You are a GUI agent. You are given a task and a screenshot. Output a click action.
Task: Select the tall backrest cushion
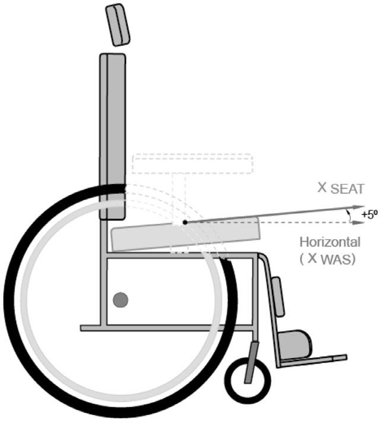pos(112,131)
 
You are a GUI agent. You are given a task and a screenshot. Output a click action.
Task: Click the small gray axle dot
pos(121,300)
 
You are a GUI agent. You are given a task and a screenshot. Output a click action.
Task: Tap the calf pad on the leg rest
pos(277,296)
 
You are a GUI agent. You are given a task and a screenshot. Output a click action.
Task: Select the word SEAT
pos(346,189)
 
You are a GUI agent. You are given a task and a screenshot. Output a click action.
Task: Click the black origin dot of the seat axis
pos(185,223)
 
